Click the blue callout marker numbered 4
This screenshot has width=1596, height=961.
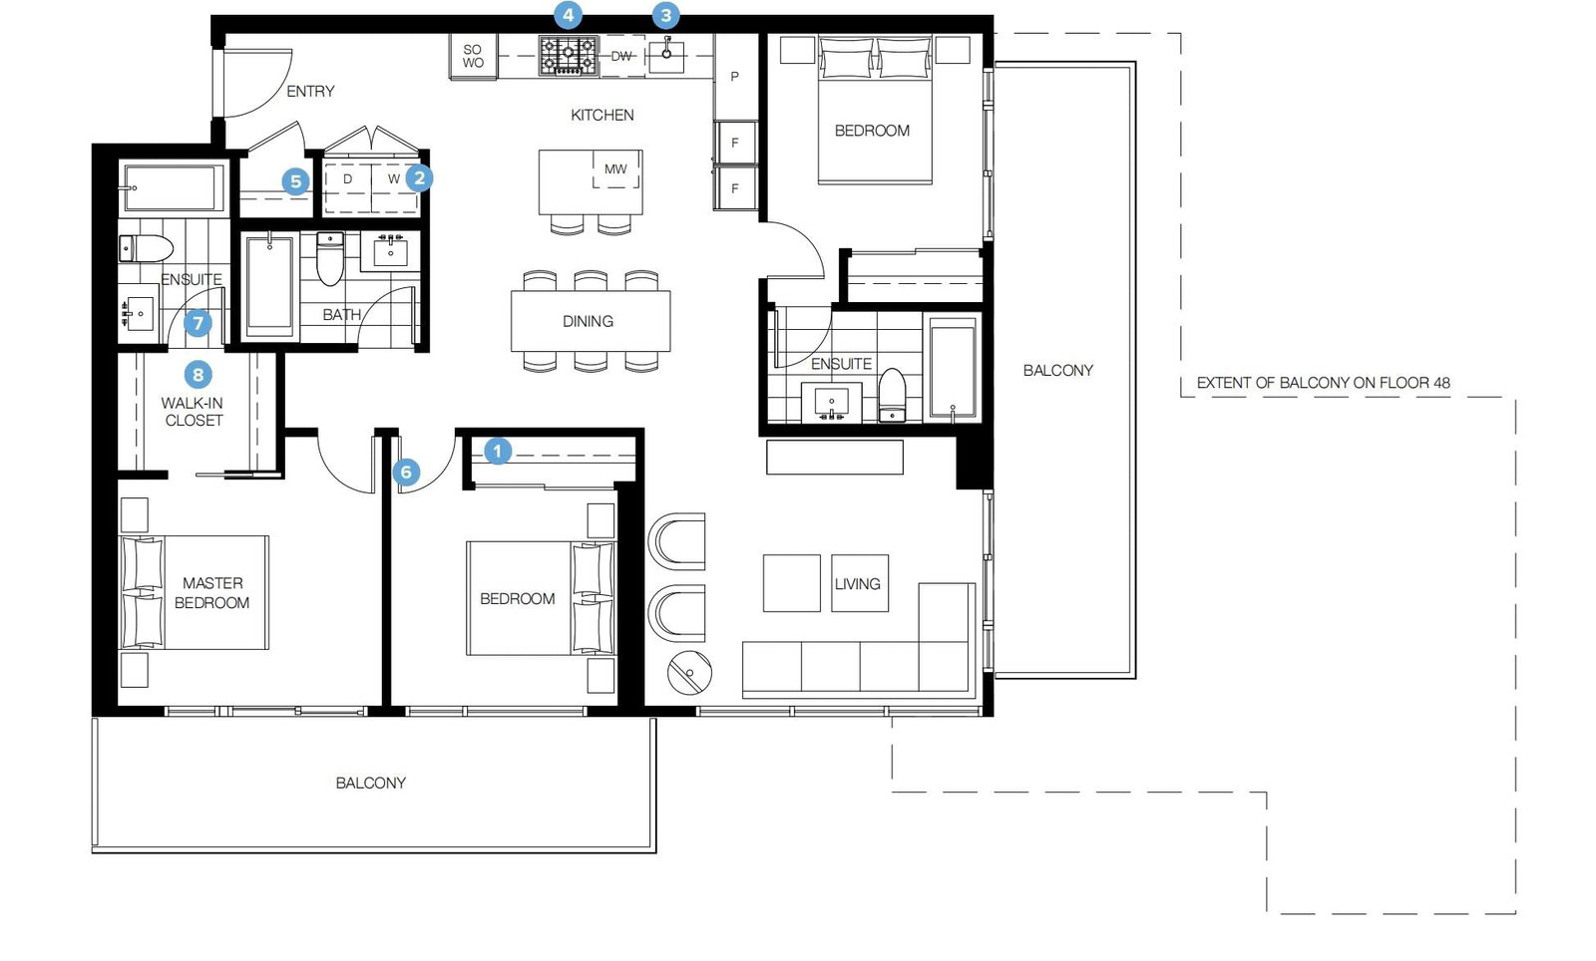click(x=568, y=14)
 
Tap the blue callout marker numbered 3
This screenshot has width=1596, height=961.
click(x=665, y=14)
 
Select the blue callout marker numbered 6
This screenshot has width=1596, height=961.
click(x=406, y=472)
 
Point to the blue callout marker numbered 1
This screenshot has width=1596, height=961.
click(x=498, y=451)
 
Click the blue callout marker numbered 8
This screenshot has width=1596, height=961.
click(x=199, y=375)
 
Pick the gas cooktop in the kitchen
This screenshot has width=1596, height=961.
click(x=568, y=56)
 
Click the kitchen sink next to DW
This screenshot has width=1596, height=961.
click(x=666, y=55)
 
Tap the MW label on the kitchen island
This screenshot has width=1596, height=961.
click(x=615, y=169)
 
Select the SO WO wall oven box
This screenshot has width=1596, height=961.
click(x=473, y=56)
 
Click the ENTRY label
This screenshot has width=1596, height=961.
click(x=310, y=91)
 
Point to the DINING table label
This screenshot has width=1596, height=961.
click(x=588, y=321)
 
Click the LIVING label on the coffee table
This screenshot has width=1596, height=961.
click(x=858, y=584)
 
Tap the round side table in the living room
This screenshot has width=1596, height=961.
click(x=689, y=672)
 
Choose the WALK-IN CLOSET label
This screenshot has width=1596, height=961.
click(x=193, y=412)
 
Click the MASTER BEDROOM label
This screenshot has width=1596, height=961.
click(x=212, y=593)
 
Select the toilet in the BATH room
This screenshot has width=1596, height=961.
click(x=330, y=257)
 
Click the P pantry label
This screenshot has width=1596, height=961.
click(x=734, y=76)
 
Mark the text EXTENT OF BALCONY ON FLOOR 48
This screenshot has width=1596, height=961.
click(x=1323, y=382)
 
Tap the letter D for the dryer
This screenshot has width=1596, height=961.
click(x=348, y=178)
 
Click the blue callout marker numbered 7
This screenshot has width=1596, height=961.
click(x=199, y=323)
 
